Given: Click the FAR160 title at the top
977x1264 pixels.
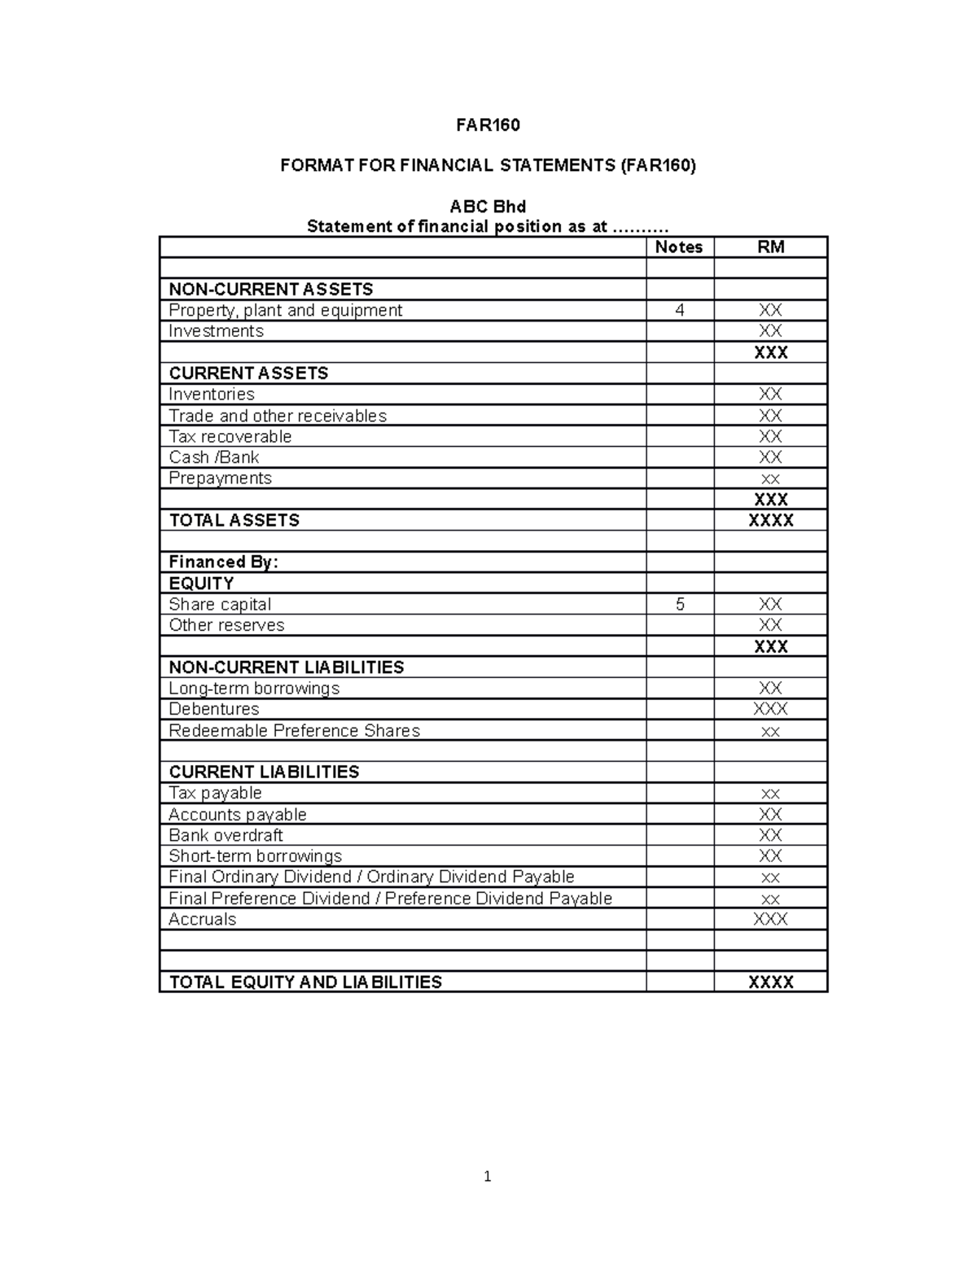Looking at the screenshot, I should click(x=488, y=125).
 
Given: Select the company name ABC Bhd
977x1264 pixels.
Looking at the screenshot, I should click(x=488, y=206).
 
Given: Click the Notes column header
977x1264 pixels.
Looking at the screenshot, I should click(x=679, y=247).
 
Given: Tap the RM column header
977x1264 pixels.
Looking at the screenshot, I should click(x=770, y=247).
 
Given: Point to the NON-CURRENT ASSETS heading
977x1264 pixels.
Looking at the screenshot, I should click(x=270, y=289).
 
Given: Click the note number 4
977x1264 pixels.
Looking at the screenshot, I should click(x=680, y=310).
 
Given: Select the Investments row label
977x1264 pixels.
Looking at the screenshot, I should click(x=216, y=331).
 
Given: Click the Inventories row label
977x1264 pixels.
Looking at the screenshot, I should click(x=211, y=394).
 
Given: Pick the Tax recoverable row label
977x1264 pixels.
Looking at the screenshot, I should click(x=230, y=436).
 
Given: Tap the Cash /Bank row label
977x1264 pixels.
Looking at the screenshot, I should click(x=213, y=457).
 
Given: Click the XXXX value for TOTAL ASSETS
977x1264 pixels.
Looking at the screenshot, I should click(x=770, y=521).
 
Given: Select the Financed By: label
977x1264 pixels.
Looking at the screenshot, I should click(x=223, y=562).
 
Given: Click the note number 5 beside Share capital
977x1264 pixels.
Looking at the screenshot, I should click(x=680, y=605).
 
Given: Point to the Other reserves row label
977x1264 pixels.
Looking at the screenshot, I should click(x=226, y=625).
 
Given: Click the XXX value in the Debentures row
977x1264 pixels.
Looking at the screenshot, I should click(x=770, y=709).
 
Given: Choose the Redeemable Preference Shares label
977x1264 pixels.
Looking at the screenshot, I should click(x=294, y=731).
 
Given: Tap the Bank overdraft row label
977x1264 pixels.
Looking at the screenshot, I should click(x=226, y=835).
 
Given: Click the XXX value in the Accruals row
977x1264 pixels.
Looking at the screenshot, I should click(x=770, y=920).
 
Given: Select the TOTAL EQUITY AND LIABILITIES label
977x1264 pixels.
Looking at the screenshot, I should click(x=305, y=982).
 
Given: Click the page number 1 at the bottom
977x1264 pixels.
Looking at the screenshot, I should click(x=487, y=1176).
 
